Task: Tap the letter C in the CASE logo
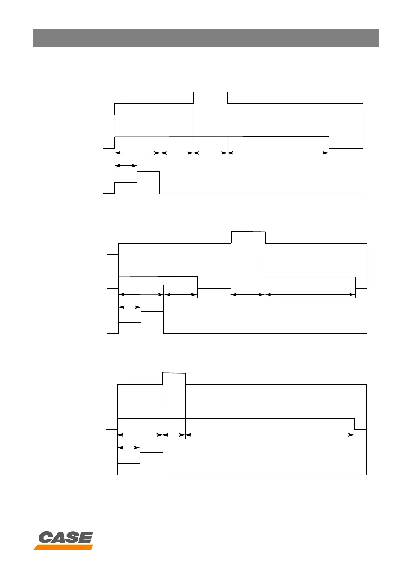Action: (45, 538)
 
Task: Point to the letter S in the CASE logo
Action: (72, 538)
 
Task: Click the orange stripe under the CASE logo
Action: (63, 547)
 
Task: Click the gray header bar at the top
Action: (206, 38)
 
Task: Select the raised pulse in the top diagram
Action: (210, 98)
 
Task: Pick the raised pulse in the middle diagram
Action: (248, 237)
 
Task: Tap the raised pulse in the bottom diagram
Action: (174, 379)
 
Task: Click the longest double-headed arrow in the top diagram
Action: (278, 153)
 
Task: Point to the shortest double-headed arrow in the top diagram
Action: (126, 166)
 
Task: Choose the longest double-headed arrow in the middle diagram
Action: (310, 295)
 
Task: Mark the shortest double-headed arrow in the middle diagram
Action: (129, 307)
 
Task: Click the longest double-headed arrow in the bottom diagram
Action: (270, 435)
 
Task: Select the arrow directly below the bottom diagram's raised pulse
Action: (174, 435)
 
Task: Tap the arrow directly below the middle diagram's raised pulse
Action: (248, 295)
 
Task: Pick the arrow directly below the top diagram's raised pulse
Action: (210, 153)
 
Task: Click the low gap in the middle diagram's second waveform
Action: (214, 288)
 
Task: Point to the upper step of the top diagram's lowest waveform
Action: (148, 171)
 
